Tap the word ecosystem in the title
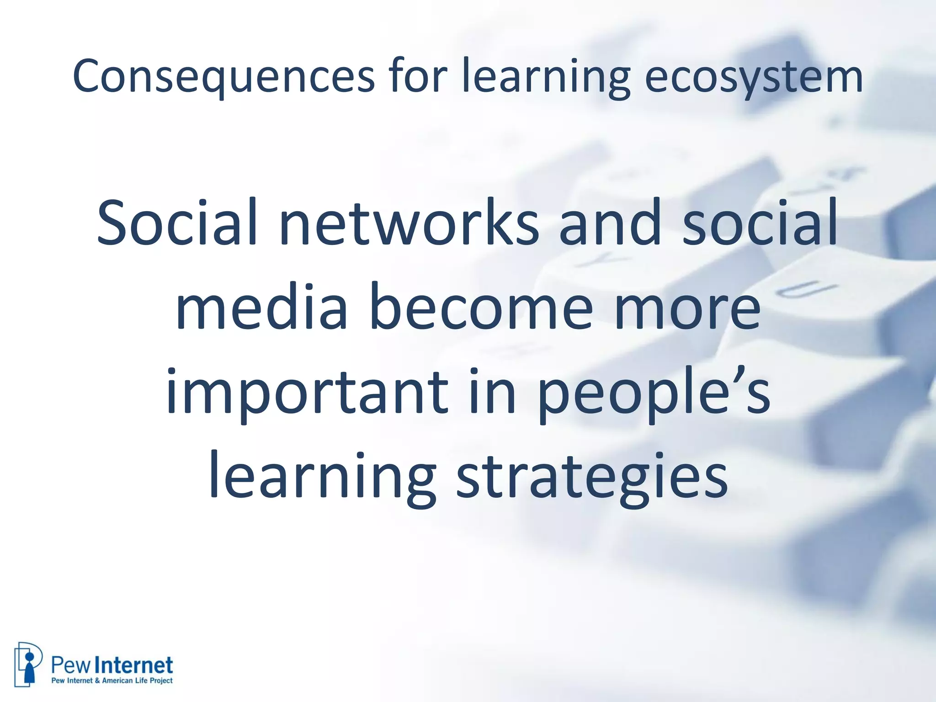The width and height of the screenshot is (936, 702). point(754,76)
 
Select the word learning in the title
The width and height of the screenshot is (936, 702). point(546,76)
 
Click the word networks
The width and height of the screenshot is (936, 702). point(409,223)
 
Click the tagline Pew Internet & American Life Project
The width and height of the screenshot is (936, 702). point(112,681)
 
